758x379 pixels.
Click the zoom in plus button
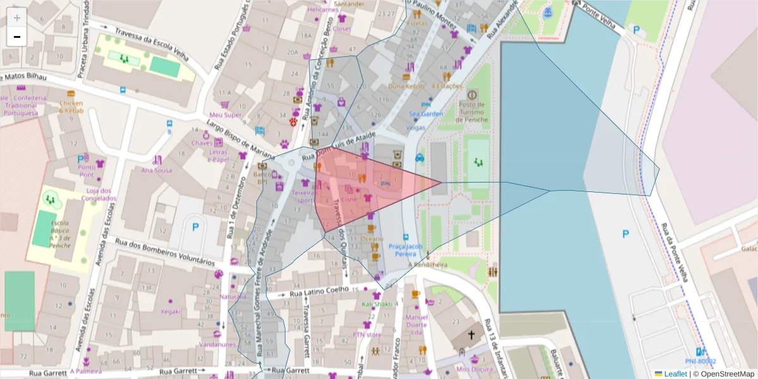click(x=17, y=18)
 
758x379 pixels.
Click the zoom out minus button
click(x=17, y=37)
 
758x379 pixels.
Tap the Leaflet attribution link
click(x=675, y=374)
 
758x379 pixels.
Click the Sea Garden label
click(x=426, y=114)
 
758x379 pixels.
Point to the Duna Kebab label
click(x=406, y=86)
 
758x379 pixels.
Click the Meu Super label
click(x=226, y=115)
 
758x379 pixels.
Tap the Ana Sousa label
click(x=157, y=170)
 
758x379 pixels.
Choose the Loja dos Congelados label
click(x=99, y=194)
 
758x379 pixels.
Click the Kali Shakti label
click(x=377, y=304)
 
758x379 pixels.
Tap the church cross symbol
click(x=471, y=334)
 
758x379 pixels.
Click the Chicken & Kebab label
click(x=71, y=107)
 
